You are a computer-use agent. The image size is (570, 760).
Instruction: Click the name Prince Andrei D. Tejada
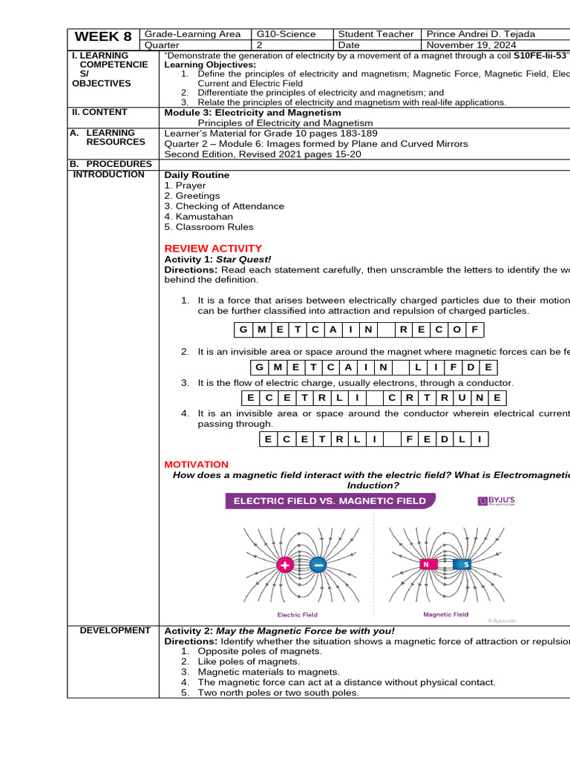[x=480, y=34]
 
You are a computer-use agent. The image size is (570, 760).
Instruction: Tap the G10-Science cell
[x=286, y=34]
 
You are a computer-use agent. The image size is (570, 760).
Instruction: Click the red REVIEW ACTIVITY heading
[x=212, y=249]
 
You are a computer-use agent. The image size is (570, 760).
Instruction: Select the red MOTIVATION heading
[x=196, y=465]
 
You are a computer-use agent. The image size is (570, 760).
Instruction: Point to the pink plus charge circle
[x=285, y=566]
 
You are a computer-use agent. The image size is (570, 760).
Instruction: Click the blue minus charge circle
[x=318, y=566]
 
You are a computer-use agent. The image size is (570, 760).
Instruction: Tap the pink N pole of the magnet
[x=427, y=565]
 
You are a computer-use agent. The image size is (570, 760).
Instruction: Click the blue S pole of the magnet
[x=465, y=565]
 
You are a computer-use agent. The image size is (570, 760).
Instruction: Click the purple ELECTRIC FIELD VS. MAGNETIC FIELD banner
[x=330, y=501]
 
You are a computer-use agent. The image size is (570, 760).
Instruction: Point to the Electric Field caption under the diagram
[x=297, y=615]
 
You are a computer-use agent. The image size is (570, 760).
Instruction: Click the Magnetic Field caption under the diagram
[x=445, y=615]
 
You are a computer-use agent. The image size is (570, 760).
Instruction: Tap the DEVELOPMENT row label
[x=114, y=631]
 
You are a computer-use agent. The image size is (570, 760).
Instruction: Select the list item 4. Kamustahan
[x=198, y=217]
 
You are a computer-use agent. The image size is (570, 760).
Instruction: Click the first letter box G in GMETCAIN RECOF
[x=242, y=330]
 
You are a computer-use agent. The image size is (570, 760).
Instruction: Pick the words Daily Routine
[x=197, y=175]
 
